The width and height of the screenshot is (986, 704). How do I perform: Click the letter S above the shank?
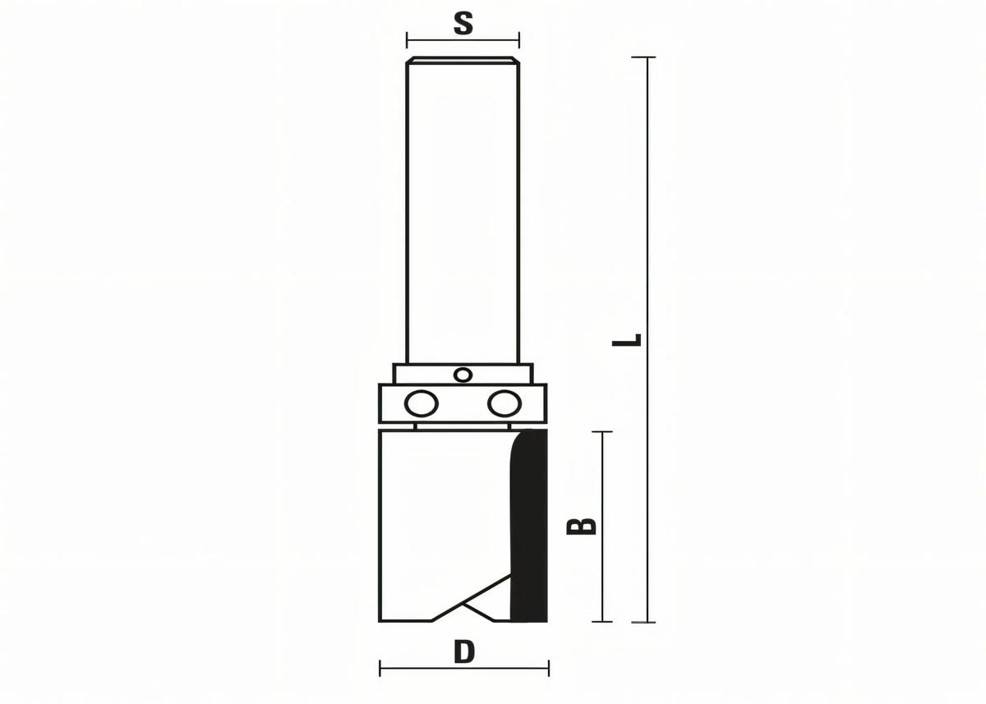[x=463, y=24]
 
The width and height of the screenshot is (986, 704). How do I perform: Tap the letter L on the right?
[x=627, y=340]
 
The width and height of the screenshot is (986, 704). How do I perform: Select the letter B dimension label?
[x=581, y=527]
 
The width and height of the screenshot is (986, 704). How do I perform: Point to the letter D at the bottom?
[x=464, y=652]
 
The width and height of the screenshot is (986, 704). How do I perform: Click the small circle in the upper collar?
[x=463, y=375]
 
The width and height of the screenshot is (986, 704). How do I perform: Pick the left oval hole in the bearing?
[x=422, y=403]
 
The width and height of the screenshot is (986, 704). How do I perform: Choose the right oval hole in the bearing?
[x=505, y=403]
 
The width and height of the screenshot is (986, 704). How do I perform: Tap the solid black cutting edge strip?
[x=528, y=526]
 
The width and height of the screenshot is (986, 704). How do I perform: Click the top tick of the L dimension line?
[x=643, y=58]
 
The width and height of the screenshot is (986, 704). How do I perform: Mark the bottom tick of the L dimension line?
[x=643, y=622]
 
